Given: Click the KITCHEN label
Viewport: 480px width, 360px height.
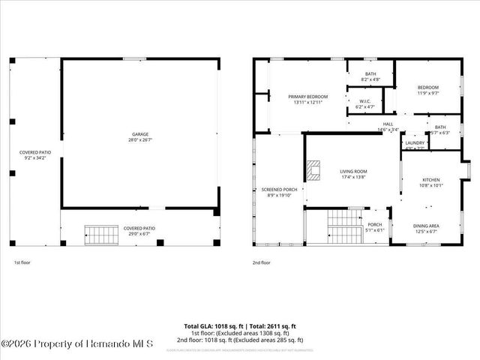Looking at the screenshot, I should pos(431,180).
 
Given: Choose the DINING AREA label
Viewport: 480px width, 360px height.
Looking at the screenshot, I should pos(426,225).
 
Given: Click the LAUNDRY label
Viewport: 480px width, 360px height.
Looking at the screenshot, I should pos(414,142).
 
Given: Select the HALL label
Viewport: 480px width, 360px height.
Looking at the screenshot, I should pos(388,124).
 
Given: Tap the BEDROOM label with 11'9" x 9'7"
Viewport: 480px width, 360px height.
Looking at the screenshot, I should pos(428,88).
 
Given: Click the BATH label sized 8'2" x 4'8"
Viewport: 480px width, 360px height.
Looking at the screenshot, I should pos(370,73).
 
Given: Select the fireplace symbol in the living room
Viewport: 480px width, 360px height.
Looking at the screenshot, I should pos(313,171).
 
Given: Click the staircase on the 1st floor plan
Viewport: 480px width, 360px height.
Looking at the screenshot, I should pos(100,235).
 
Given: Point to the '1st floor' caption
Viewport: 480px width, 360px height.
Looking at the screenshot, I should pos(22,262).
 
